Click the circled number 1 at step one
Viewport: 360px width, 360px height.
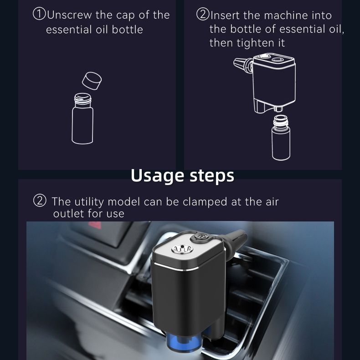coord(39,14)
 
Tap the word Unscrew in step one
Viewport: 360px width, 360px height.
coord(69,15)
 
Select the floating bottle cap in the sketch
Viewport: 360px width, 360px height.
coord(92,81)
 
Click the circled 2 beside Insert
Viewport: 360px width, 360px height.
coord(203,14)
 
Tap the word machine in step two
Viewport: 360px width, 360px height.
coord(286,15)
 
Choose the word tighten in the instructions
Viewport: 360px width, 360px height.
coord(255,43)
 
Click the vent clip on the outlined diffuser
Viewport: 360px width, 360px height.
coord(243,65)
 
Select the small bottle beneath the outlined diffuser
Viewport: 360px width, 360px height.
coord(281,137)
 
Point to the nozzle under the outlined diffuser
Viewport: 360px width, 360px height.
coord(278,108)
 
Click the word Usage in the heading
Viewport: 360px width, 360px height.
coord(157,176)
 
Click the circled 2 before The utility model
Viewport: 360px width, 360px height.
coord(40,201)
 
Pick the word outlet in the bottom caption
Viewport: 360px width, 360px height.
coord(69,214)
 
